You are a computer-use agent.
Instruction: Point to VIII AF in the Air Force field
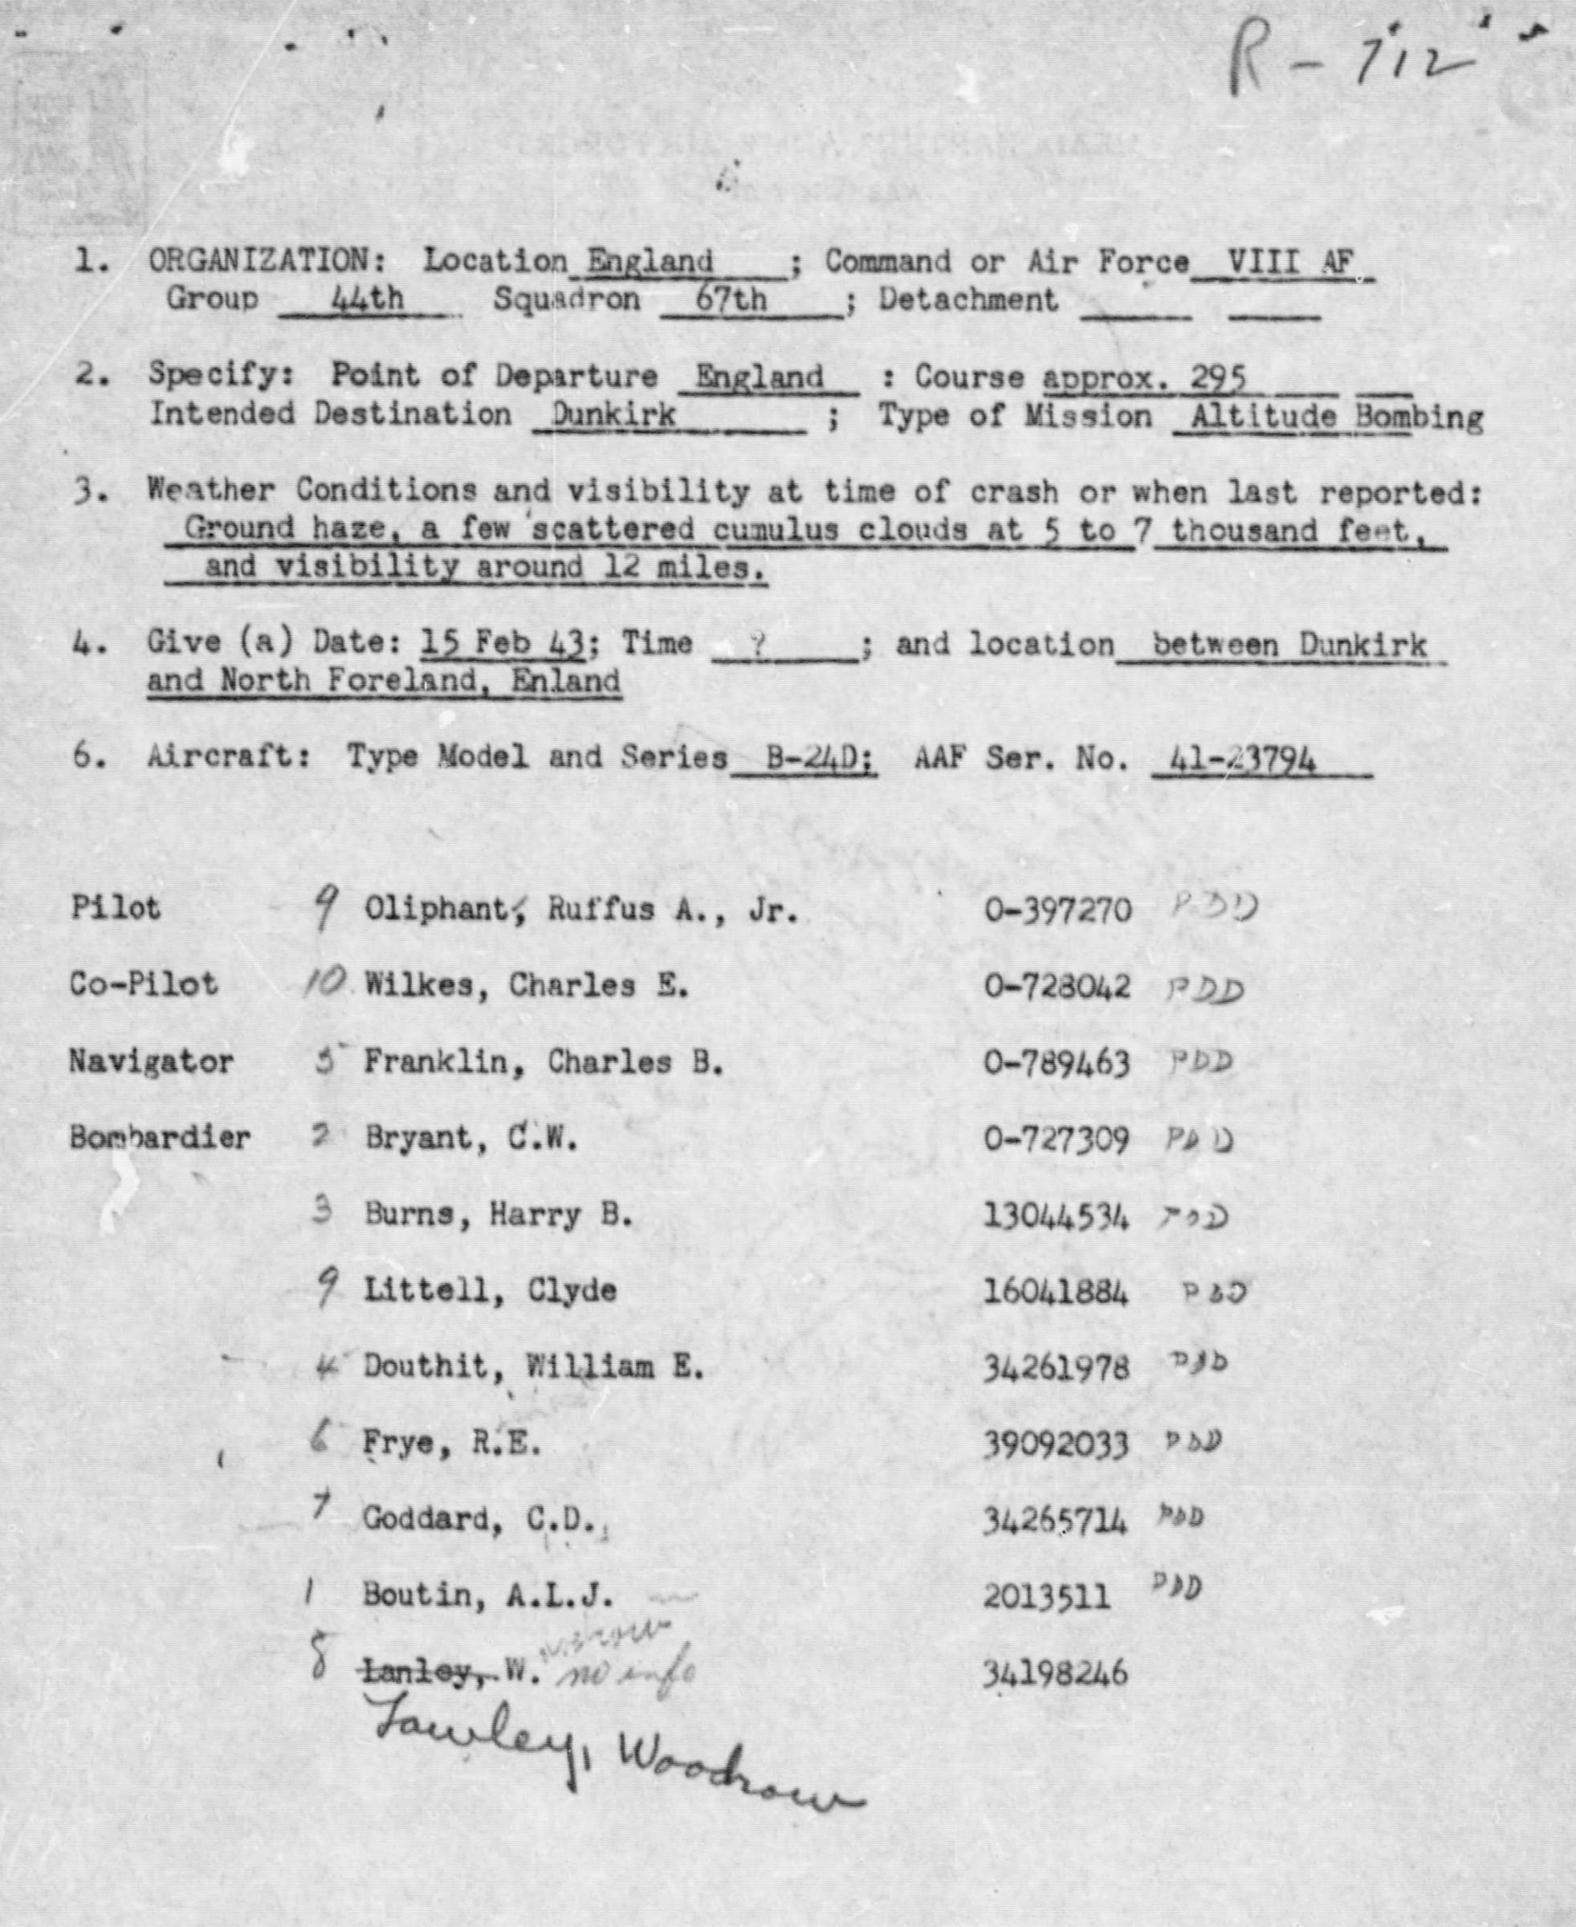(1289, 263)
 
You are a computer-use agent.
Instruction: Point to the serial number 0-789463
(1057, 1063)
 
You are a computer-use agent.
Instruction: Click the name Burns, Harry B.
(498, 1216)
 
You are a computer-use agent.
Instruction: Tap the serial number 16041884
(1056, 1292)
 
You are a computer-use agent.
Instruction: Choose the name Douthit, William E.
(533, 1367)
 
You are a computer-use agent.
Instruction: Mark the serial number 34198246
(1055, 1672)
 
